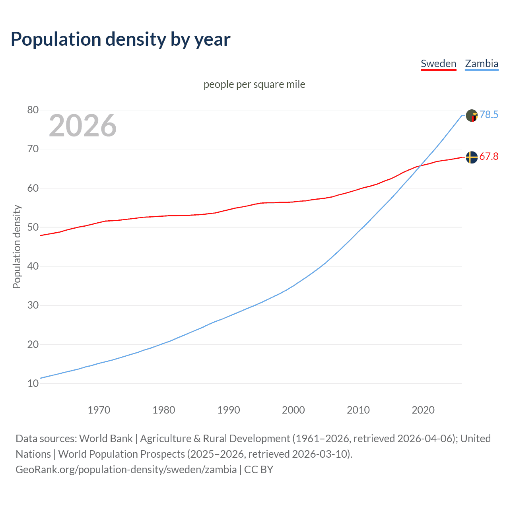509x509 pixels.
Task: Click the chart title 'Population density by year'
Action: click(x=120, y=39)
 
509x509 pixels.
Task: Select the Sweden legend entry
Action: click(x=438, y=64)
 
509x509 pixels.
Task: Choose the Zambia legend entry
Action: click(x=482, y=64)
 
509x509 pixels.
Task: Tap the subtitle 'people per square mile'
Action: click(x=254, y=84)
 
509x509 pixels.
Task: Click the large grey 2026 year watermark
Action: click(x=83, y=126)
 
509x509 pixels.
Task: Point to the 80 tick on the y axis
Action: click(x=33, y=110)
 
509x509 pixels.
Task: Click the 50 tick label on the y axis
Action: click(x=33, y=227)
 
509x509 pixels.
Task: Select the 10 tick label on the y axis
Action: click(x=33, y=383)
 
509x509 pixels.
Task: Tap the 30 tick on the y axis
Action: click(x=33, y=305)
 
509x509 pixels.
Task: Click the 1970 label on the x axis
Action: click(x=99, y=410)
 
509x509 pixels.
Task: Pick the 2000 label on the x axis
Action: click(x=293, y=410)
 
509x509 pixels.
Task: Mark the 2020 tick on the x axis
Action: click(x=423, y=410)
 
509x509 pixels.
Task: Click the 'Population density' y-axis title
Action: click(x=17, y=247)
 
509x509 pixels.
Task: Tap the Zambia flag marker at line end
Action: click(x=472, y=115)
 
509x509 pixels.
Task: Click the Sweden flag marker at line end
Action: click(x=472, y=157)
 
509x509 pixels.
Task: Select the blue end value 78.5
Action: click(x=489, y=115)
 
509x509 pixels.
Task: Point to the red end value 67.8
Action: click(x=489, y=156)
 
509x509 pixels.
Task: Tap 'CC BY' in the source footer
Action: click(x=258, y=469)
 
